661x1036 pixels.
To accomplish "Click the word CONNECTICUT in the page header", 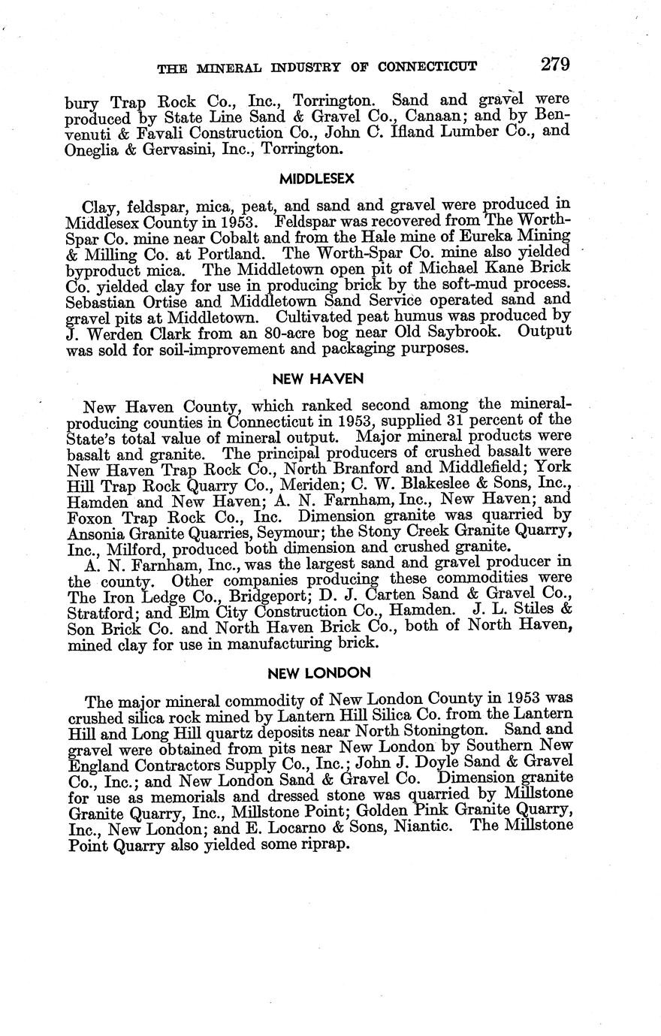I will pos(427,66).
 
